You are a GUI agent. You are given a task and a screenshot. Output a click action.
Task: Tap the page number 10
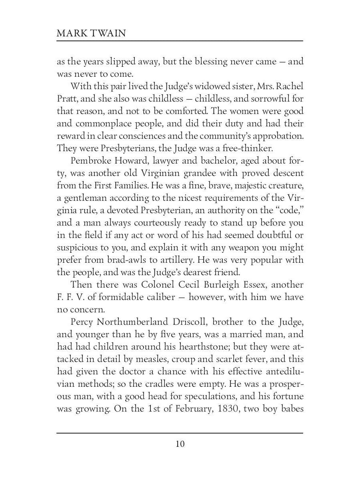tap(180, 444)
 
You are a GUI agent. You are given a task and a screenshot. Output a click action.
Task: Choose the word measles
tap(151, 359)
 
